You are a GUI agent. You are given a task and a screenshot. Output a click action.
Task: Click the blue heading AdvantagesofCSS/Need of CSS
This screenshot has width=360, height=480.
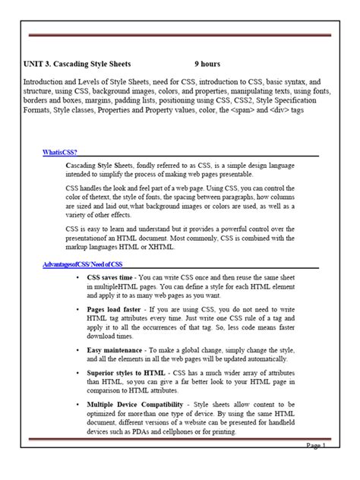pos(81,264)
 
